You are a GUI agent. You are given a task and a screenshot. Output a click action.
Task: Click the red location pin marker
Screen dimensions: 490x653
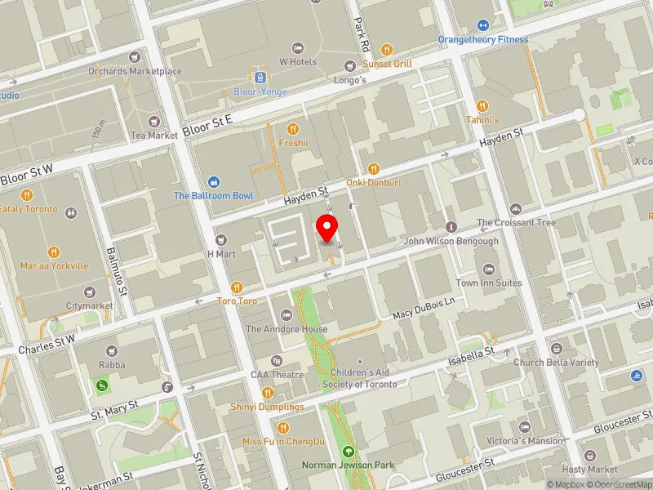[327, 228]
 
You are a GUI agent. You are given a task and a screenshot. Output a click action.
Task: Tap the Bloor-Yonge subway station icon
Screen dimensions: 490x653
[260, 78]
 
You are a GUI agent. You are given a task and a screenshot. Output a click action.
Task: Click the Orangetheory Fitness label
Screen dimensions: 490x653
[482, 39]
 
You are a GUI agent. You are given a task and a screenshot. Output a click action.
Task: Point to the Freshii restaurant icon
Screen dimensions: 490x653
[292, 128]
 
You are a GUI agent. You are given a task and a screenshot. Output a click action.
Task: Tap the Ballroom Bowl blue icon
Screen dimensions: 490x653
[213, 181]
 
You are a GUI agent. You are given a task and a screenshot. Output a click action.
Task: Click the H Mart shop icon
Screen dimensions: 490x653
[221, 240]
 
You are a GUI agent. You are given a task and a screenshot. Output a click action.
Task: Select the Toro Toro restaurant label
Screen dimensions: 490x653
[237, 301]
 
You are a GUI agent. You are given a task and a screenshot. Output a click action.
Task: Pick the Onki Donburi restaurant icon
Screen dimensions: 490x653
[373, 168]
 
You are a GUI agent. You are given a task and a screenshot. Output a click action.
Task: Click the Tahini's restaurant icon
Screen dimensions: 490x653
[482, 105]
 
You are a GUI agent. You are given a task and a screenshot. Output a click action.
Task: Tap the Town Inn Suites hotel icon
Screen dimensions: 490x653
[489, 269]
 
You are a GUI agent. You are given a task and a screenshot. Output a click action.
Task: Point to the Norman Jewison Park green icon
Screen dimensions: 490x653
[349, 452]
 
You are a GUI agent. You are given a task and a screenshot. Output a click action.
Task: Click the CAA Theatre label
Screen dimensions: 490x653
[277, 375]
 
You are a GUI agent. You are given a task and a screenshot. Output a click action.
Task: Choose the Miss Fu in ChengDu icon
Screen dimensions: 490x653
[283, 427]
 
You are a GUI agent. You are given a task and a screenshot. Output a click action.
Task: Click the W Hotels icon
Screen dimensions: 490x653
[297, 47]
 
